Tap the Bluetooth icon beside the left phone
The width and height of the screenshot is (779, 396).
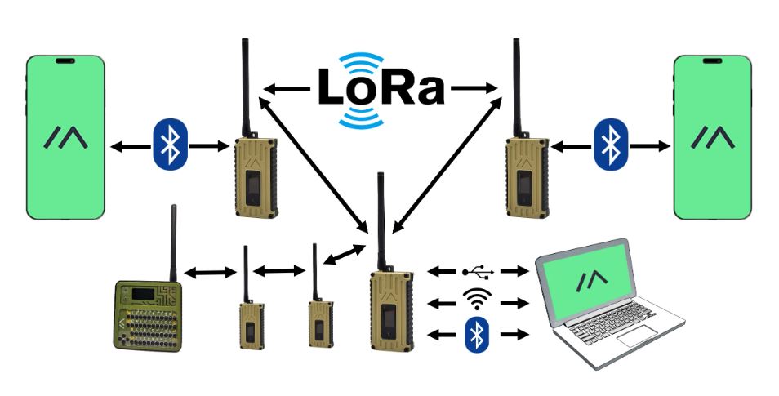170,145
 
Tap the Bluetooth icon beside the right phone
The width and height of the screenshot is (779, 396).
611,145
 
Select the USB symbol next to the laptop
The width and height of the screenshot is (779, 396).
478,272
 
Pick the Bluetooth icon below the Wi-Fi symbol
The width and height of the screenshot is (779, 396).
477,335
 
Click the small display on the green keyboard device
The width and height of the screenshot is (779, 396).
142,293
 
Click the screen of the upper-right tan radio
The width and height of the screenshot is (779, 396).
523,188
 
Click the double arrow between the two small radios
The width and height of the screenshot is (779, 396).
279,271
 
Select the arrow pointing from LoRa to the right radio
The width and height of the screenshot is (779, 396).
474,88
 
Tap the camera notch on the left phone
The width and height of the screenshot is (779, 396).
65,61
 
